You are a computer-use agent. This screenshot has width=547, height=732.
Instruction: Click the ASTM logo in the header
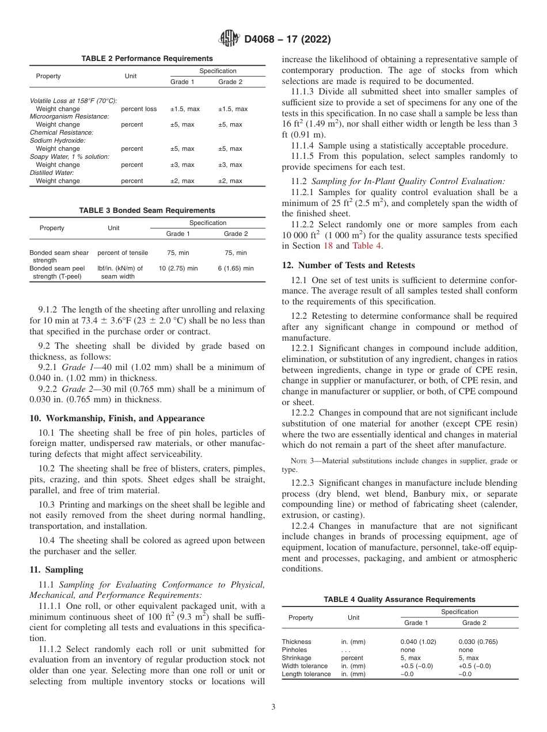[230, 39]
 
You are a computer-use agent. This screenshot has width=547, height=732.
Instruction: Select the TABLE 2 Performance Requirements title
[147, 59]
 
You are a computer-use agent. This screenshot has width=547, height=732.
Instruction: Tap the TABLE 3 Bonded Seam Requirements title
[147, 211]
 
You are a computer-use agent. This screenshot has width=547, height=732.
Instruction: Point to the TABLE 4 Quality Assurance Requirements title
[400, 600]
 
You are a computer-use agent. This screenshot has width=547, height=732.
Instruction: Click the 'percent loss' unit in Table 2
[139, 109]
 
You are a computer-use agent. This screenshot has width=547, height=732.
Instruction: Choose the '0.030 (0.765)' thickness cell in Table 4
[478, 642]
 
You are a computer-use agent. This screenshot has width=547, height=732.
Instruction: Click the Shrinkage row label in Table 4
[296, 658]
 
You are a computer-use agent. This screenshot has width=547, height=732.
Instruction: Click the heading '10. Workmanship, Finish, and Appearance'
[117, 418]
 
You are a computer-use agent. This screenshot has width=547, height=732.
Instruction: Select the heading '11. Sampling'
[56, 570]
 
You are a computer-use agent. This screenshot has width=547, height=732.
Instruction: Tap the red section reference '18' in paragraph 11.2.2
[328, 246]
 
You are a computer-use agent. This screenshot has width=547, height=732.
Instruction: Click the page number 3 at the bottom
[273, 707]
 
